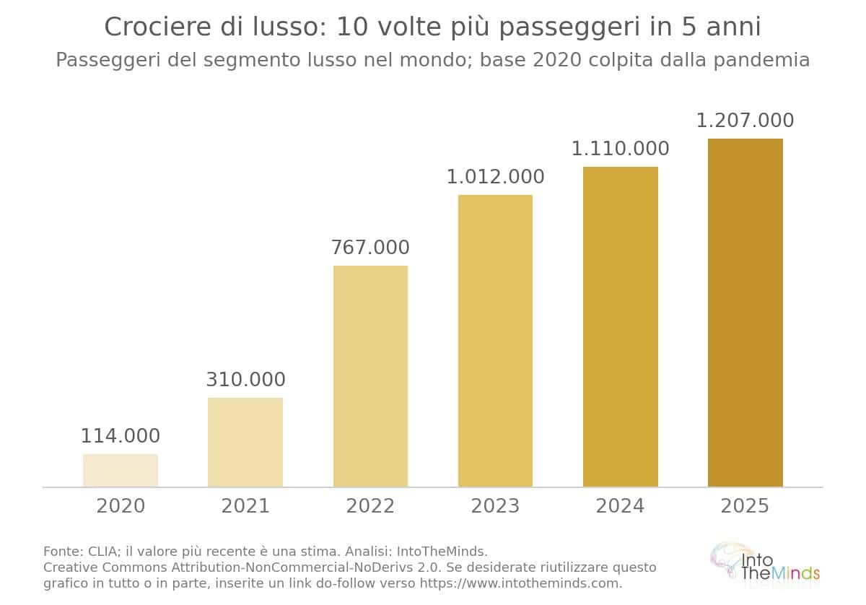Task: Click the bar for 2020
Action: (x=121, y=470)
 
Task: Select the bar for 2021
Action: (x=245, y=442)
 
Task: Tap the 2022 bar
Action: (x=370, y=376)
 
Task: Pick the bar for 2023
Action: (x=495, y=341)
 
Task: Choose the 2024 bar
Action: (x=621, y=326)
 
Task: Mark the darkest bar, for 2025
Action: (x=745, y=313)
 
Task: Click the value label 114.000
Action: (x=121, y=436)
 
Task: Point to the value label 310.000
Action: (x=245, y=380)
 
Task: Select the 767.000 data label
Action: (x=370, y=248)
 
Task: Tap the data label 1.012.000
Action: (x=495, y=177)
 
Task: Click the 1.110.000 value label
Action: (x=621, y=149)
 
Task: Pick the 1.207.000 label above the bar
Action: (x=745, y=121)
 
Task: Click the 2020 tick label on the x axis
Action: (x=121, y=506)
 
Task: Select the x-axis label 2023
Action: (x=495, y=506)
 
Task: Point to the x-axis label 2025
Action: (x=745, y=506)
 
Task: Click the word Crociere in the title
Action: (x=158, y=27)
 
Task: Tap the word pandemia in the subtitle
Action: (x=761, y=61)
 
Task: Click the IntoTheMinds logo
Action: (x=765, y=565)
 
